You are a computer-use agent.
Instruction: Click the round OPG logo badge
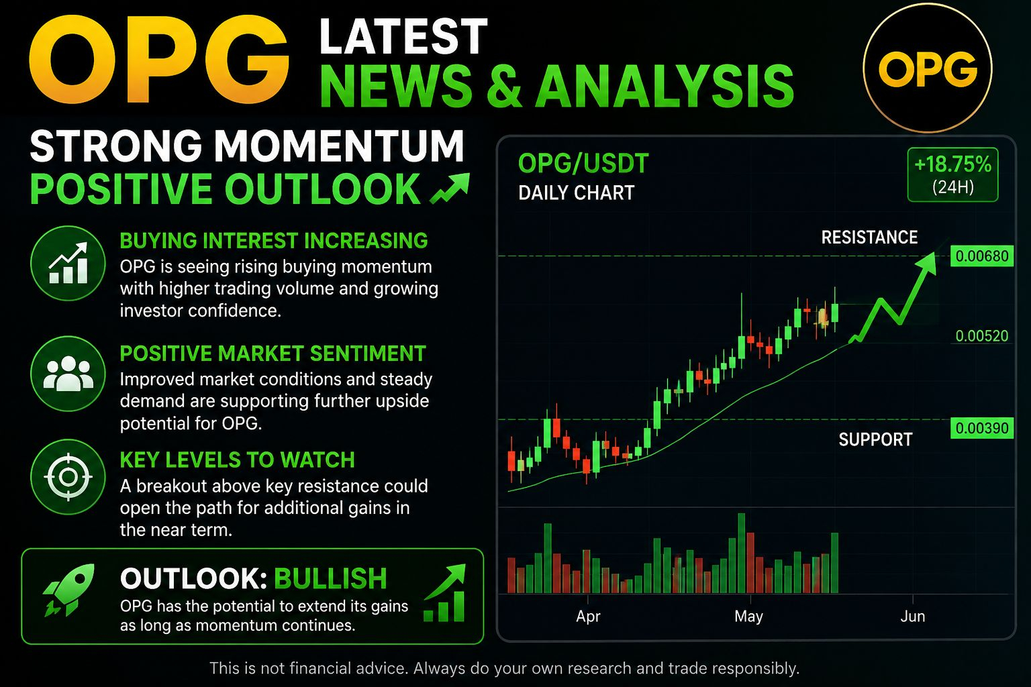928,68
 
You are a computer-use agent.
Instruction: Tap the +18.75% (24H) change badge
952,174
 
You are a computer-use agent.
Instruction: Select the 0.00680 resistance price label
982,256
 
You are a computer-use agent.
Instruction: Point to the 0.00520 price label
982,336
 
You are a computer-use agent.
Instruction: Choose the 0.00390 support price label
982,428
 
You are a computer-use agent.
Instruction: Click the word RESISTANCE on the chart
869,237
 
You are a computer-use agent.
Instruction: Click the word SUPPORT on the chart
875,439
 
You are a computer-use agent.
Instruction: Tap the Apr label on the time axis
588,616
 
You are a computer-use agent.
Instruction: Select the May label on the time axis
749,616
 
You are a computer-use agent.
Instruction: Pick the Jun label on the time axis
913,616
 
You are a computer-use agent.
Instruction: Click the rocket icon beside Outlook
69,590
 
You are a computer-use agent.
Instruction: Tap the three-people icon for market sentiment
68,373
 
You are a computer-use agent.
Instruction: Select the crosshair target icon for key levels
68,477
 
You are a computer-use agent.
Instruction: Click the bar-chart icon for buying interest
68,263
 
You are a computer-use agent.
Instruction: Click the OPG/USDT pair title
583,163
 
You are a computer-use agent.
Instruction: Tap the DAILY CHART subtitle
577,193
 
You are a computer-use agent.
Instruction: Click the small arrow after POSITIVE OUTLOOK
450,188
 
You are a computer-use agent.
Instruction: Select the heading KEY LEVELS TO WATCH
237,460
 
